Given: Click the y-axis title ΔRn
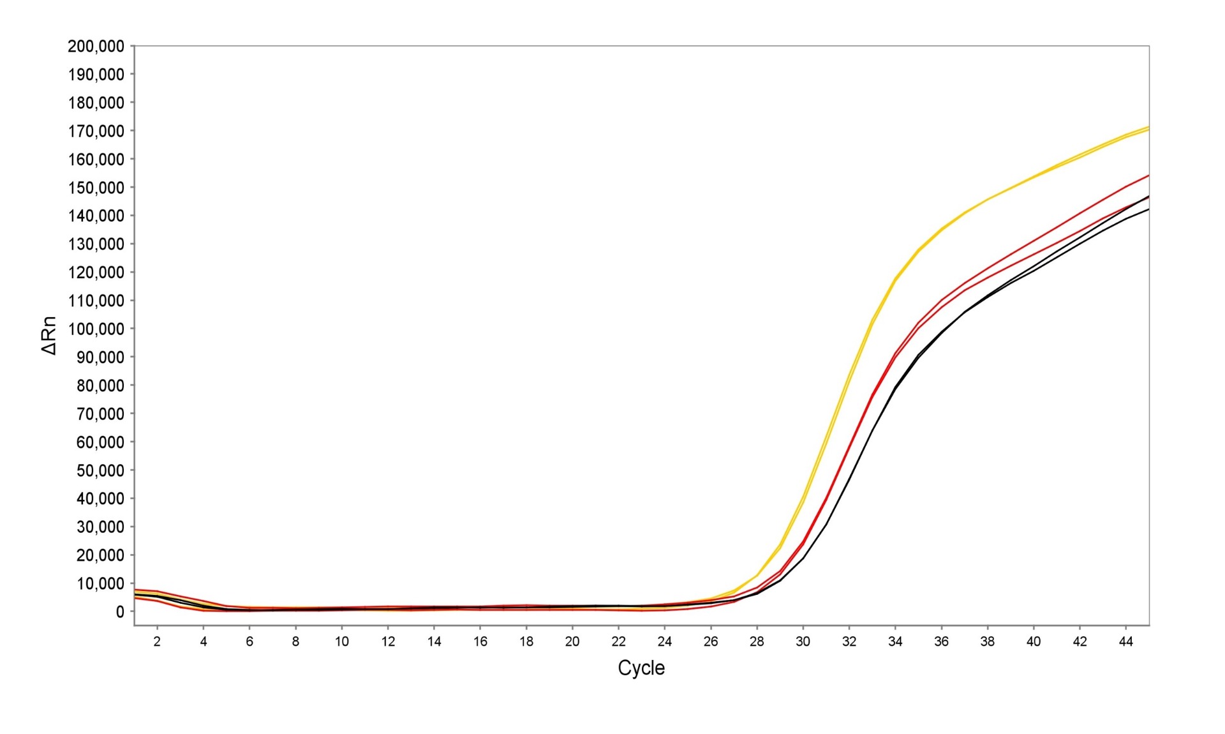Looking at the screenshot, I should point(49,335).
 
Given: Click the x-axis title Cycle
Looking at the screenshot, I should point(641,668).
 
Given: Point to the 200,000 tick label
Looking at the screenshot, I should point(96,46).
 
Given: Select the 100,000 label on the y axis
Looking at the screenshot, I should point(96,329).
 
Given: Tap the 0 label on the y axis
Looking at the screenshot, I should point(120,612).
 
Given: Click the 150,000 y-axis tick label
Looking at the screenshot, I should point(96,188).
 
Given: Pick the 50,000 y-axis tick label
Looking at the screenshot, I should point(100,470).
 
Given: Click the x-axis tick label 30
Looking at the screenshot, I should point(803,641).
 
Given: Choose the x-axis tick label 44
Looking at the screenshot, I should point(1125,641).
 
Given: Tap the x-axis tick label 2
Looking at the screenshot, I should point(157,641).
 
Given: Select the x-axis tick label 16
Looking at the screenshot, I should point(480,641).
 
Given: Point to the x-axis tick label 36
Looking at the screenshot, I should point(941,641).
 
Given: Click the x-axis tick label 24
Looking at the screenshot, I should point(664,641).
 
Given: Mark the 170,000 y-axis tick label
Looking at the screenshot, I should point(96,131).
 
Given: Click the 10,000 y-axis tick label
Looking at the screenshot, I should point(100,583).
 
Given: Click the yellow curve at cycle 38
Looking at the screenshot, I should point(987,200).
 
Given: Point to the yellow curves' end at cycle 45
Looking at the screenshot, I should point(1148,128).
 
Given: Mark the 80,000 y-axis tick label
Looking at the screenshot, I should point(100,386).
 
